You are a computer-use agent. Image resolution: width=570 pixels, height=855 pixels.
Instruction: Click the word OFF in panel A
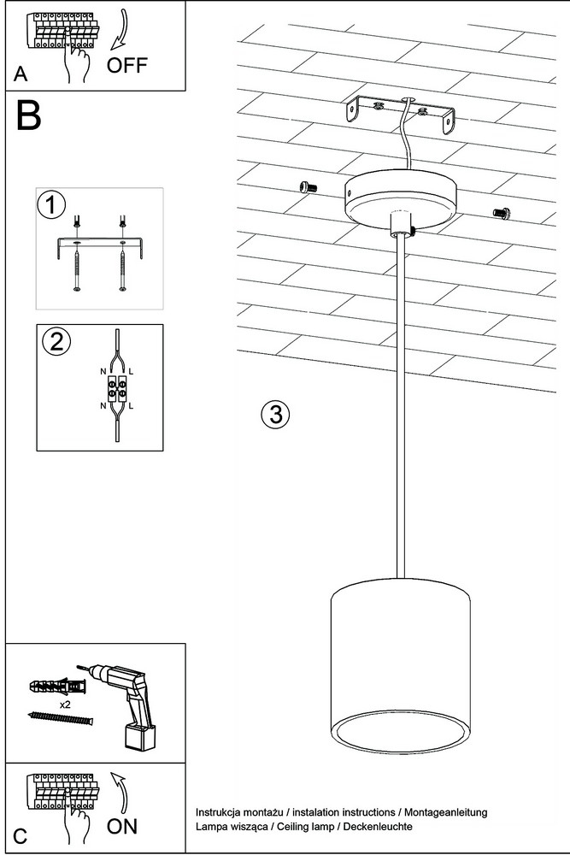[127, 65]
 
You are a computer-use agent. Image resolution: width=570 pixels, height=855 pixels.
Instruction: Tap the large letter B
[28, 116]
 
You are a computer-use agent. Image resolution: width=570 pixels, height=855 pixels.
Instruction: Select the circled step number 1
[52, 205]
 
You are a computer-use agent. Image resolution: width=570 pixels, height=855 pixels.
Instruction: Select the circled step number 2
[56, 341]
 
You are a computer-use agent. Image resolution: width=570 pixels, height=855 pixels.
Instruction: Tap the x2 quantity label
[64, 704]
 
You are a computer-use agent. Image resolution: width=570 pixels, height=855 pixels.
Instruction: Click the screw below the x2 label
[59, 718]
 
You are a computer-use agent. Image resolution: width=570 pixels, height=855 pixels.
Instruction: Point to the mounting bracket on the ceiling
[399, 115]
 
